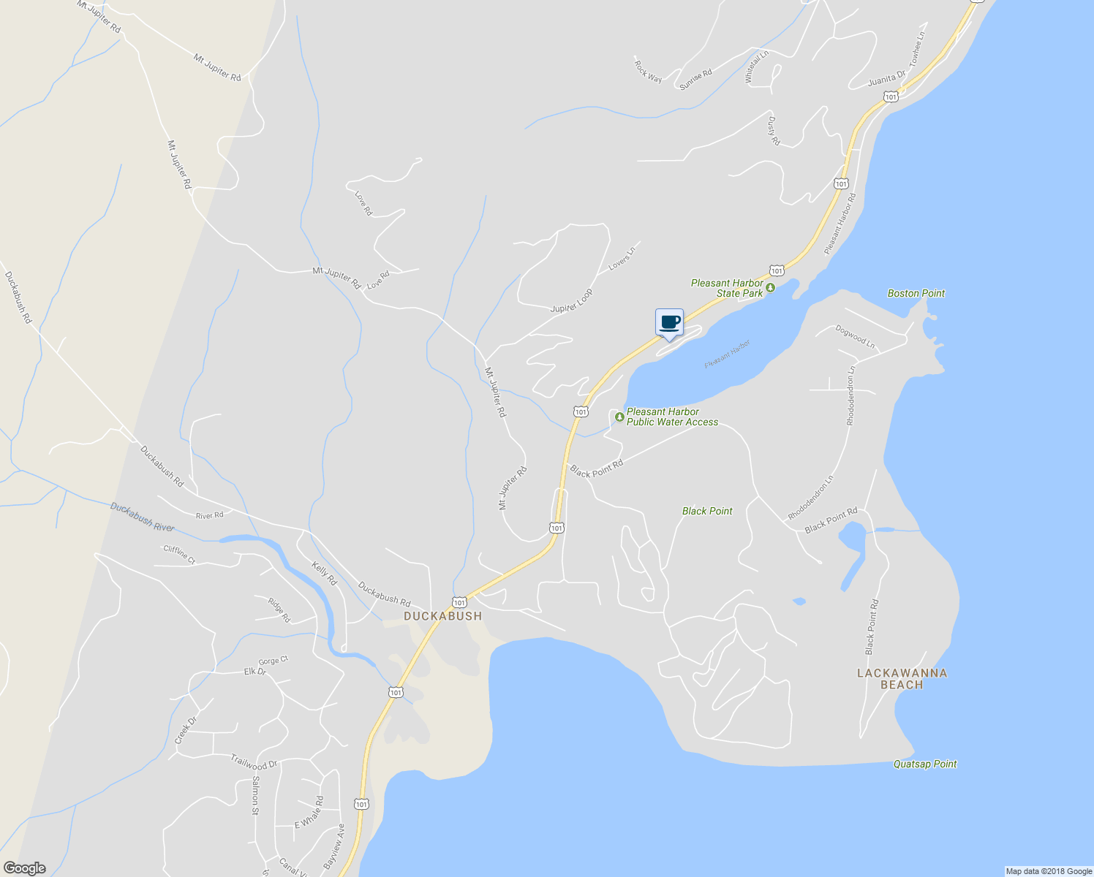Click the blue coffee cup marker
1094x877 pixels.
669,322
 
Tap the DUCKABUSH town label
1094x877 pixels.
443,616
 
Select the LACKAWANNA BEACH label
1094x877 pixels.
902,679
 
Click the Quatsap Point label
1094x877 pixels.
925,764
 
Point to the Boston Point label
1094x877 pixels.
916,293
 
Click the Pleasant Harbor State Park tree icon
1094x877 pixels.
770,288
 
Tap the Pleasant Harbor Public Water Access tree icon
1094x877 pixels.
619,417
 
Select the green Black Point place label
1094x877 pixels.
707,511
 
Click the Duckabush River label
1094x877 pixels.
143,517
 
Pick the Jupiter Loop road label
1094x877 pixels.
572,300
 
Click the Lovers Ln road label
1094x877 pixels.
622,259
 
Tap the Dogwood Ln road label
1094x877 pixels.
855,335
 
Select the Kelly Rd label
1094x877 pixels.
324,574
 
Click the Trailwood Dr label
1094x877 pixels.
254,762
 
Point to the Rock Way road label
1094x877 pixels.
648,71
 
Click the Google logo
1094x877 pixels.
25,868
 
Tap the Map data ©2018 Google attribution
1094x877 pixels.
1049,871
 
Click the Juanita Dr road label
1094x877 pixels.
886,77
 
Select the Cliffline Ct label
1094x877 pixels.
179,555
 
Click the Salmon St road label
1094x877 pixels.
255,795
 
